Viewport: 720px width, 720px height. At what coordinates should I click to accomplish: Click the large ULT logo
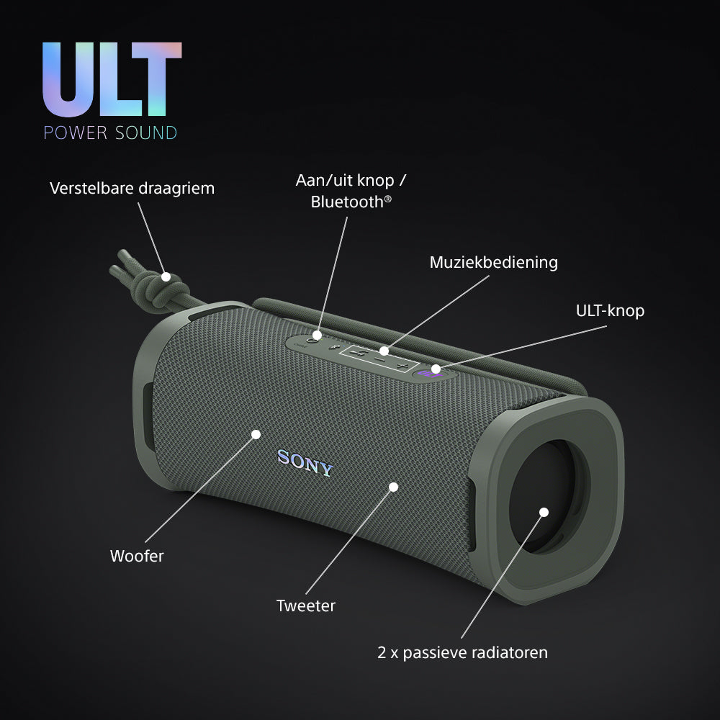[112, 79]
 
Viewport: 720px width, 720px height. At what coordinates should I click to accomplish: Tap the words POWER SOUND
[110, 132]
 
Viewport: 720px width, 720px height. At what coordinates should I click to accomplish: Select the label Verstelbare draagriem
[132, 188]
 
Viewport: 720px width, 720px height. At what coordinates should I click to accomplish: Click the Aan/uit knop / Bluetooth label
[351, 191]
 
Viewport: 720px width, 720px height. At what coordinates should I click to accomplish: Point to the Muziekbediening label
[494, 262]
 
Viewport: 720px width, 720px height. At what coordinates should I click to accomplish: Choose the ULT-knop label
[611, 311]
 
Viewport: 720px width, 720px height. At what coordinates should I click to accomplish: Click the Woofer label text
[137, 556]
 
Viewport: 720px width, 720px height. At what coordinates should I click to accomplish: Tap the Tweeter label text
[306, 606]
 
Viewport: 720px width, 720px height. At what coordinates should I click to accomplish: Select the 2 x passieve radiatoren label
[462, 652]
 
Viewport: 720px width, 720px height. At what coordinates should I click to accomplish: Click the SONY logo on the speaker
[305, 463]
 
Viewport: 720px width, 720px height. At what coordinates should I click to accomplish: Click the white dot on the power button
[317, 336]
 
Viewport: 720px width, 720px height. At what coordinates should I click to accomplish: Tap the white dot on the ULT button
[436, 369]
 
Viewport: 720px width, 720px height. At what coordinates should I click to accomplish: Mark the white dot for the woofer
[256, 434]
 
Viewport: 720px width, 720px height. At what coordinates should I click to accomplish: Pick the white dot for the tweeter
[394, 487]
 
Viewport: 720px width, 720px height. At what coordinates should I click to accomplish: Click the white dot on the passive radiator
[544, 512]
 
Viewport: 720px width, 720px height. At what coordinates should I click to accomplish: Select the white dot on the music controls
[384, 351]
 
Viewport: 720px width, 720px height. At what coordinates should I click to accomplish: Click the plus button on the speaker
[402, 366]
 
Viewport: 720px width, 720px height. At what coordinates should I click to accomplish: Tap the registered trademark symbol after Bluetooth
[388, 199]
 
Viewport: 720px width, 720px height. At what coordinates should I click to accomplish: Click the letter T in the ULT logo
[157, 79]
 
